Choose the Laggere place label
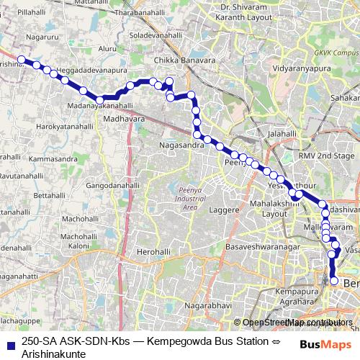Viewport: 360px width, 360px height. point(223,210)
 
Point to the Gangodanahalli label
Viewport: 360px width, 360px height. point(112,184)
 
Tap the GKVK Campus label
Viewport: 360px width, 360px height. point(341,53)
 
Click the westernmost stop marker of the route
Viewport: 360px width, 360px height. point(22,60)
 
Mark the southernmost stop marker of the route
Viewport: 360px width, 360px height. point(334,281)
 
